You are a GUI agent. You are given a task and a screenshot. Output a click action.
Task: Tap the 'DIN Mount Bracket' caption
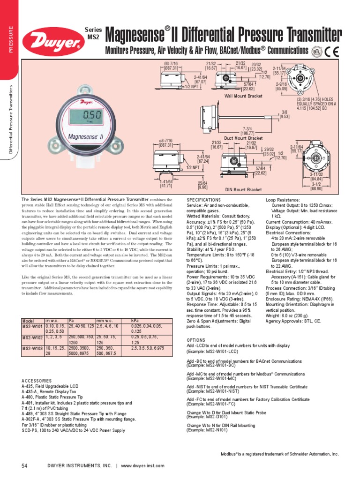click(x=243, y=189)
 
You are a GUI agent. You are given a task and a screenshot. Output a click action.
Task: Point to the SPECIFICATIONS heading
click(x=203, y=200)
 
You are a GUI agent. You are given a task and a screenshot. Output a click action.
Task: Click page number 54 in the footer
click(x=25, y=465)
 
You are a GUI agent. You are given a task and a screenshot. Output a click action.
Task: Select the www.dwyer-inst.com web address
click(x=143, y=465)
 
